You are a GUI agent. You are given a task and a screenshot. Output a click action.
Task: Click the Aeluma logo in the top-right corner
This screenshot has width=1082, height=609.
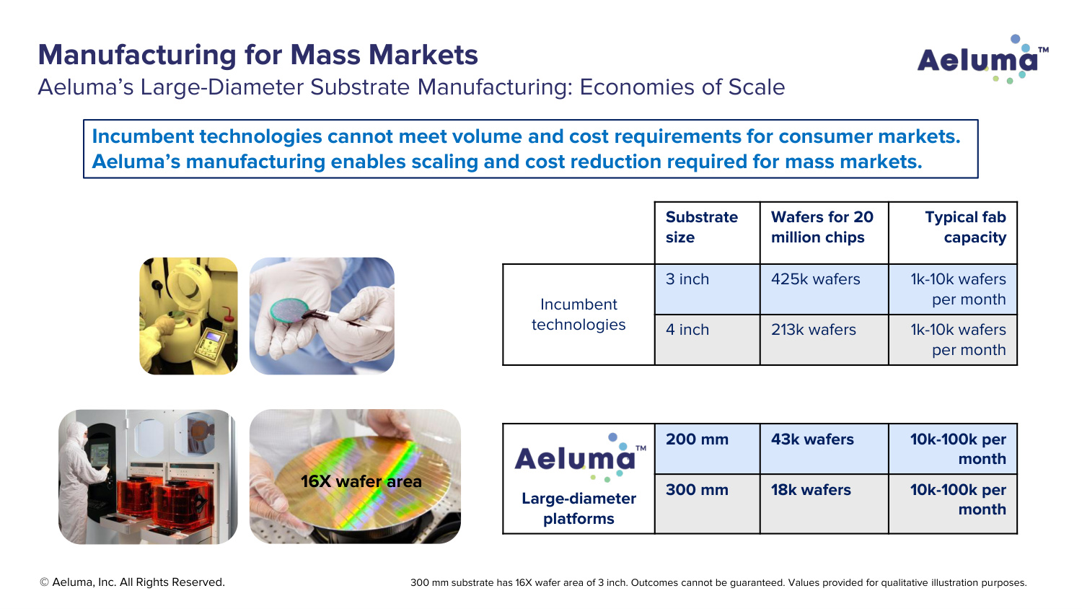(982, 60)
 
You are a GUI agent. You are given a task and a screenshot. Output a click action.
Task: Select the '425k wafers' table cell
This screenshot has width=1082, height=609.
(824, 289)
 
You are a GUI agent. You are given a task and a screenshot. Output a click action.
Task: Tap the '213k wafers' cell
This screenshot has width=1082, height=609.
(824, 340)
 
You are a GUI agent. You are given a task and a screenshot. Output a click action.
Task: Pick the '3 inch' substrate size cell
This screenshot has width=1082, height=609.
(707, 289)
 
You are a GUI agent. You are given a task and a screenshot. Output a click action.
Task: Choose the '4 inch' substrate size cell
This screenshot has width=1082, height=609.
(707, 340)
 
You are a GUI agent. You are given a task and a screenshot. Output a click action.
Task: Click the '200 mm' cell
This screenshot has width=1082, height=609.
(707, 449)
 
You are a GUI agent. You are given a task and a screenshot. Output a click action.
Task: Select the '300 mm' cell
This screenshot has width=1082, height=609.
(707, 504)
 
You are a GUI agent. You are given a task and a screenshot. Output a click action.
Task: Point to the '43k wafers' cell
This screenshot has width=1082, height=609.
(824, 449)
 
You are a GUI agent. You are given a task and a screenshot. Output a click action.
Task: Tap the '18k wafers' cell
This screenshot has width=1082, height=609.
(824, 504)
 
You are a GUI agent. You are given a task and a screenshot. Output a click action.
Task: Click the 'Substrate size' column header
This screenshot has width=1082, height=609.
(707, 233)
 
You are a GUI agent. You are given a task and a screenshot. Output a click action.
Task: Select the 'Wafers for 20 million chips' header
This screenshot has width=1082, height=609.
(824, 233)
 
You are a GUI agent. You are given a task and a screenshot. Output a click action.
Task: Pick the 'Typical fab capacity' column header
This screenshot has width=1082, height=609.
(953, 233)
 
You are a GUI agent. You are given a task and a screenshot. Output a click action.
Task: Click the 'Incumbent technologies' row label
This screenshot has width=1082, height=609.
(579, 314)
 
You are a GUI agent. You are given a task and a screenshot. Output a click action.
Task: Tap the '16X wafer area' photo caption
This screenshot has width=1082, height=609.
(361, 481)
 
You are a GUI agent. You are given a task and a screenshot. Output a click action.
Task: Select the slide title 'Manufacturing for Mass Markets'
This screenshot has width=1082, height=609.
(258, 55)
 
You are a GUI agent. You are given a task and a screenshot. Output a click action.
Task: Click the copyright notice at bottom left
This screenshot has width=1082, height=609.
(132, 582)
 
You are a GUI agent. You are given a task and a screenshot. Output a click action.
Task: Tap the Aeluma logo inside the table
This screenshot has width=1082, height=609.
(580, 457)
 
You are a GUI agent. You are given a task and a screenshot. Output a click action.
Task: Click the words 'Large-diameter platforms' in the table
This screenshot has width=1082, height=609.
(579, 509)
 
